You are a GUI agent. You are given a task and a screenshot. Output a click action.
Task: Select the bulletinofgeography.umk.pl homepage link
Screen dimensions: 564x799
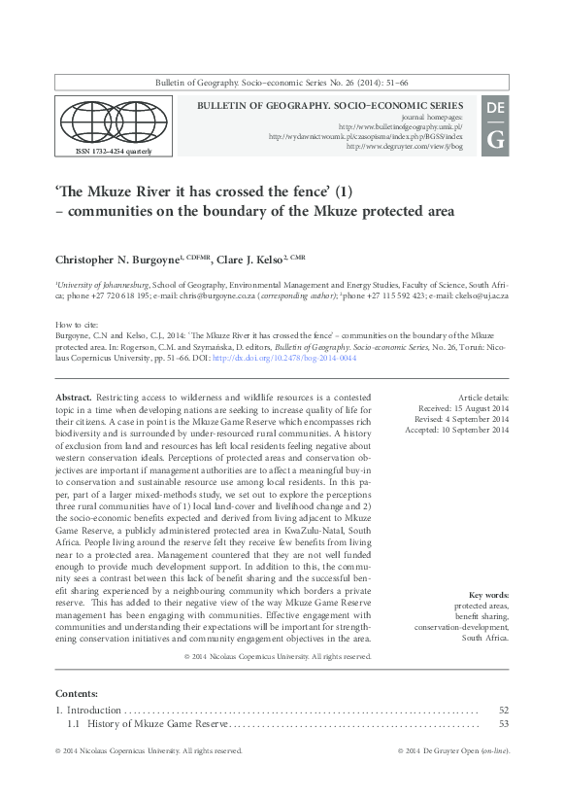pos(400,126)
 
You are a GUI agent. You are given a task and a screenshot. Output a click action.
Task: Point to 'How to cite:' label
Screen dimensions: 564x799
pos(76,324)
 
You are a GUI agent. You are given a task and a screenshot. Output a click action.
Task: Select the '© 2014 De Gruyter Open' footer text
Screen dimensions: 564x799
pos(437,751)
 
